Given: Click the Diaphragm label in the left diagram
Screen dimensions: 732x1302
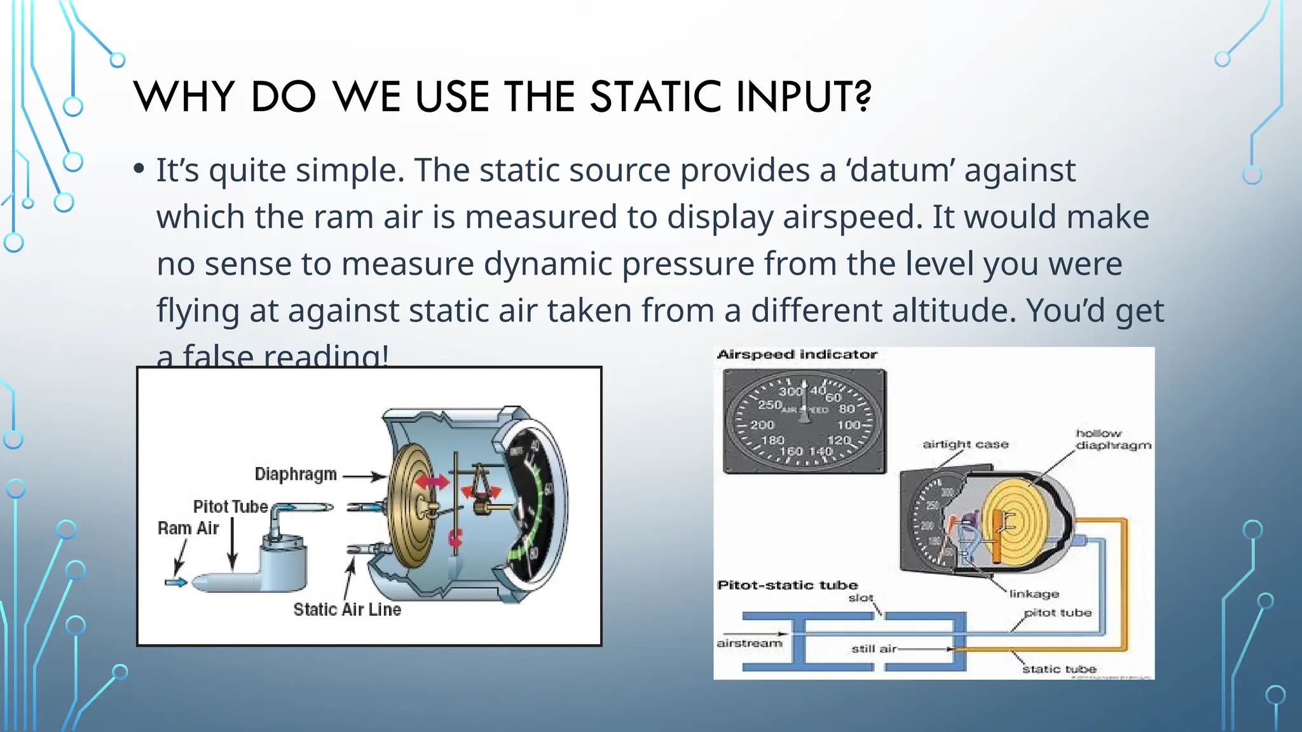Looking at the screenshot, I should click(296, 474).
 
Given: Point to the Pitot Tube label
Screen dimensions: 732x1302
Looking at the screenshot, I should click(230, 506).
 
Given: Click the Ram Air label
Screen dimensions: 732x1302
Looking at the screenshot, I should click(188, 528).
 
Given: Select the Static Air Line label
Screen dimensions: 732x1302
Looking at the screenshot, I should click(347, 609).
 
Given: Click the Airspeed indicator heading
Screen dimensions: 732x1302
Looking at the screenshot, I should click(797, 355).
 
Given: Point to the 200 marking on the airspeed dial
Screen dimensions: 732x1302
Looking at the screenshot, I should click(762, 424).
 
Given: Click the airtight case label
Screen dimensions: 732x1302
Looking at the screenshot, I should click(965, 444).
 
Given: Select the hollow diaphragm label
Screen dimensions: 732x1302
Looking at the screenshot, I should click(1113, 439).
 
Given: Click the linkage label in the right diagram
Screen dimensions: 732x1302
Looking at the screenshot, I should click(1034, 593).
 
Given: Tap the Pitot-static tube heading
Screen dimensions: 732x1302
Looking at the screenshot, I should click(787, 585).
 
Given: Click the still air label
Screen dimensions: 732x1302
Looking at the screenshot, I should click(874, 649).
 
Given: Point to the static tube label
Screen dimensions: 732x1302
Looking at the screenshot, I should click(1059, 668).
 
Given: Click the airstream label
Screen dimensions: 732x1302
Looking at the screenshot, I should click(749, 643).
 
